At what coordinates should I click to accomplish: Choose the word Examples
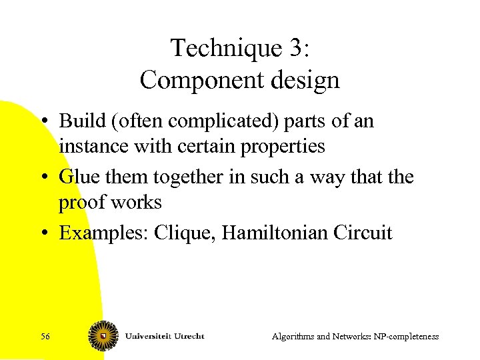pyautogui.click(x=103, y=233)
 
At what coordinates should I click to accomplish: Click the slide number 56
pyautogui.click(x=45, y=337)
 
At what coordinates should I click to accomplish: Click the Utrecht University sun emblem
pyautogui.click(x=103, y=335)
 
